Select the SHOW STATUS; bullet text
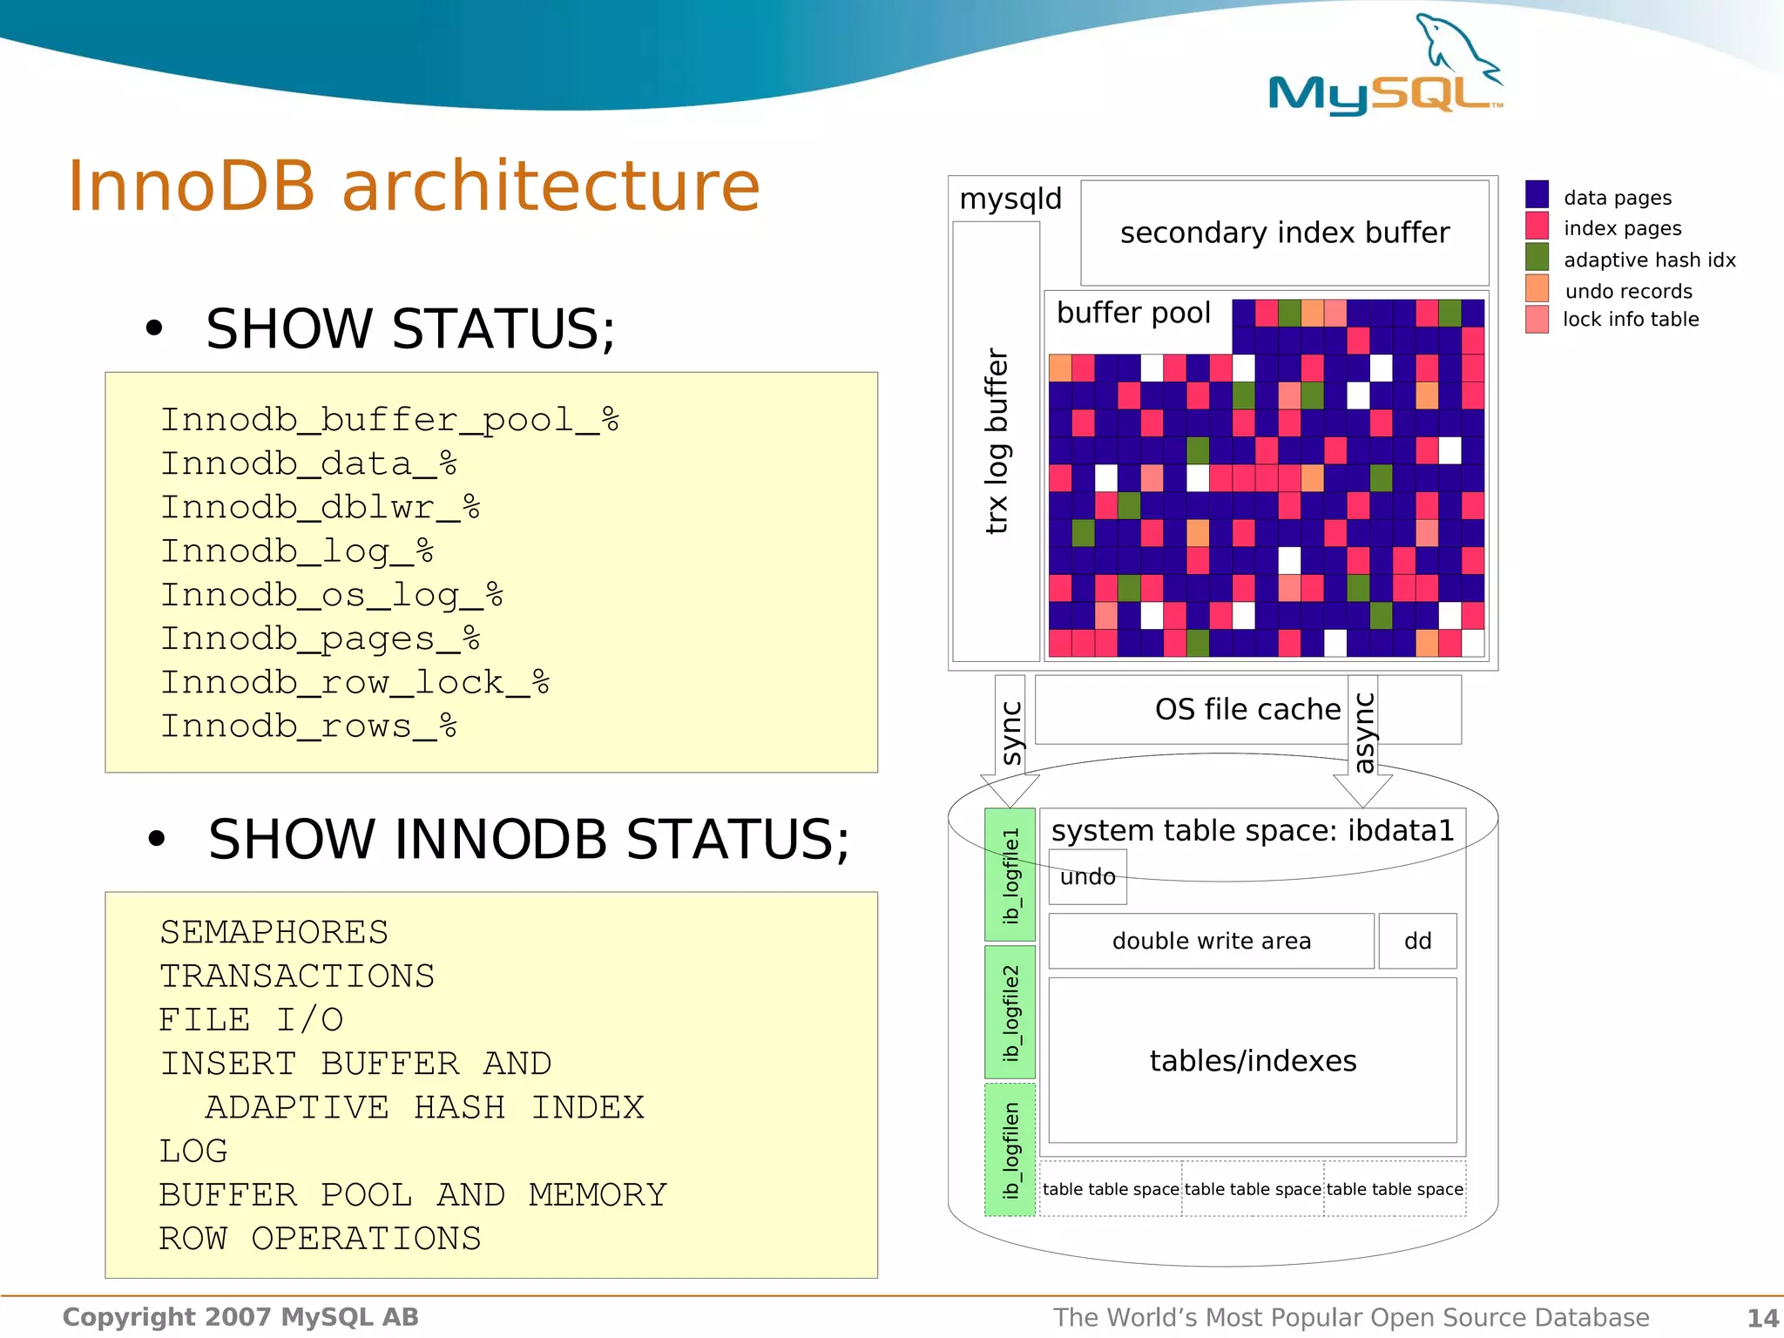(409, 329)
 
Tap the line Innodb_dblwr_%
(320, 507)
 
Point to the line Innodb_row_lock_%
(355, 682)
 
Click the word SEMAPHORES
(274, 932)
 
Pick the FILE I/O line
(251, 1019)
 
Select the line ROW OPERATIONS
(320, 1238)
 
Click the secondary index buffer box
(1284, 233)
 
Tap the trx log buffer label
(997, 441)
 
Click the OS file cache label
(1247, 709)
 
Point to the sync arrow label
(1010, 733)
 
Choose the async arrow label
(1364, 733)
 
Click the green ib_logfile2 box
(1010, 1012)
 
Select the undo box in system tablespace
(1087, 876)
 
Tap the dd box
(1417, 941)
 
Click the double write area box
(1211, 941)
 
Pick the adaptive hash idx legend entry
(1648, 260)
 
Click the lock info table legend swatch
(1537, 319)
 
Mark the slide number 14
(1762, 1317)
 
